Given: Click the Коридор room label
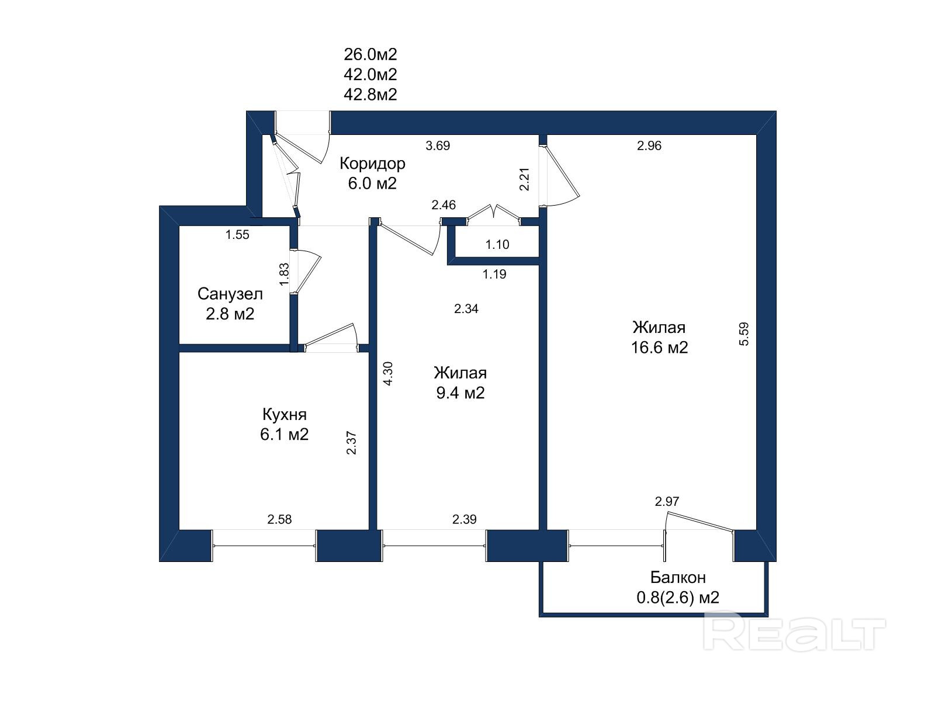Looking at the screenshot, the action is [x=372, y=164].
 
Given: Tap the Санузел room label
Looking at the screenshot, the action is [x=230, y=294].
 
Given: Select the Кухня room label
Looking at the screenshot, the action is [x=284, y=415].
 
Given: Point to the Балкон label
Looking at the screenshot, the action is [x=678, y=577].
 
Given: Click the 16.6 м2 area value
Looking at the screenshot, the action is [x=659, y=348].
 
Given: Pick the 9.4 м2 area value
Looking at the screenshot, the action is [x=460, y=393].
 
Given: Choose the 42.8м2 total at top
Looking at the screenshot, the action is [x=370, y=95].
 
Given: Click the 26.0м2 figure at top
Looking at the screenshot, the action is [x=370, y=54].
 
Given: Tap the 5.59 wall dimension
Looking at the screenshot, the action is [x=744, y=334].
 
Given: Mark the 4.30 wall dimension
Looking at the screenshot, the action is [x=388, y=373].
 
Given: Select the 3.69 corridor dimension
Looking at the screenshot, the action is [x=438, y=146].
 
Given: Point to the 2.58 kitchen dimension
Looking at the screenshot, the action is [x=279, y=519].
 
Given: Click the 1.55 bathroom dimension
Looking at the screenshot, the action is [x=237, y=235].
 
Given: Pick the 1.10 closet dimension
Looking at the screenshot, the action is [x=497, y=245].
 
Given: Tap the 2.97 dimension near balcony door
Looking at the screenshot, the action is [x=667, y=501].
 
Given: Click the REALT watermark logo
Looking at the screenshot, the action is [x=795, y=631].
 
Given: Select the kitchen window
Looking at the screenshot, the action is [x=265, y=546].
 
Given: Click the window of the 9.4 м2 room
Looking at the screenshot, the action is [x=434, y=546].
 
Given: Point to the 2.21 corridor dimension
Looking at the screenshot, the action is [x=525, y=179].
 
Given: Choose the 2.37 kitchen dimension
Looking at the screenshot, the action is [x=351, y=443].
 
